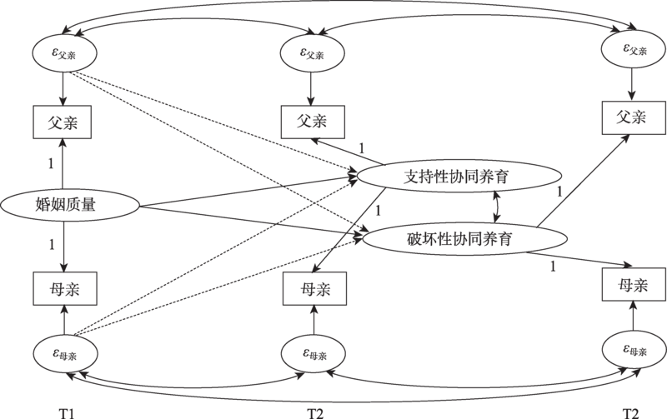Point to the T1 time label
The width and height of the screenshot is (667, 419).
pyautogui.click(x=65, y=411)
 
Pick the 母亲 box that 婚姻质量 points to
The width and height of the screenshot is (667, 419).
pyautogui.click(x=63, y=287)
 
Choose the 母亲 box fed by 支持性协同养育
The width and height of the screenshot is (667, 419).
pyautogui.click(x=313, y=288)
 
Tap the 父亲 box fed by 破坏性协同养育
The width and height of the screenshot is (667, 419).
pyautogui.click(x=631, y=117)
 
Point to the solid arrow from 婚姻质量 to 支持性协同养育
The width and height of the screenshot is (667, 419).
pyautogui.click(x=250, y=191)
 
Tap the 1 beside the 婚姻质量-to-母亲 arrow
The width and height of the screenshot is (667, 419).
pyautogui.click(x=52, y=245)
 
